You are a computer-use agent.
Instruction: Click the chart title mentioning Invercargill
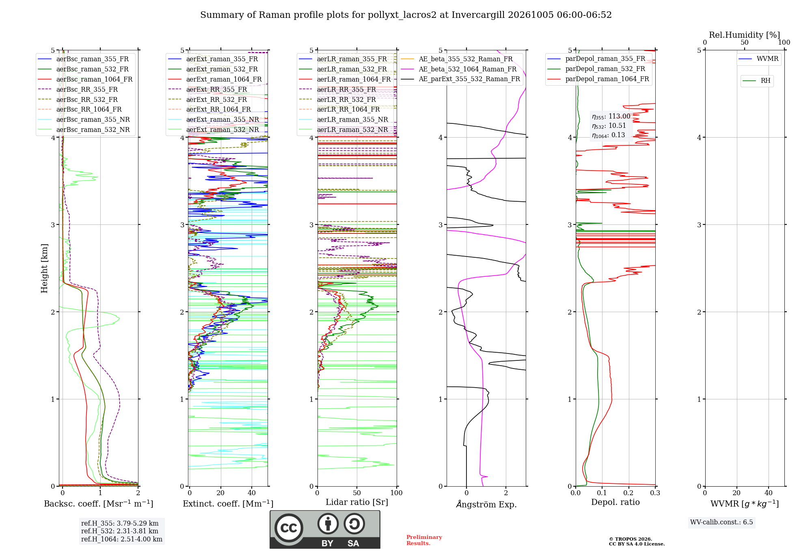click(406, 15)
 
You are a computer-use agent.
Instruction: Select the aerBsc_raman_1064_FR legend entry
click(85, 79)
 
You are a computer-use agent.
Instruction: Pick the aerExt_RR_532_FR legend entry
click(207, 99)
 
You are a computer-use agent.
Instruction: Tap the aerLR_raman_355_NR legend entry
click(343, 119)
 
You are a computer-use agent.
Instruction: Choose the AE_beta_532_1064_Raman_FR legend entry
click(459, 69)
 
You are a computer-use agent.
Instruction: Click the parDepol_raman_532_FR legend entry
click(596, 69)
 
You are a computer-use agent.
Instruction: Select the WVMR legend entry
click(759, 59)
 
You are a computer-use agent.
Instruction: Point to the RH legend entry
click(757, 81)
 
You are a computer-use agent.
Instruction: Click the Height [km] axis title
click(44, 268)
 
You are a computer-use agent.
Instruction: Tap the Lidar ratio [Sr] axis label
click(357, 502)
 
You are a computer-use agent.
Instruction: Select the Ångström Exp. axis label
click(486, 504)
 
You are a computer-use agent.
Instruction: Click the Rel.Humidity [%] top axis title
click(745, 35)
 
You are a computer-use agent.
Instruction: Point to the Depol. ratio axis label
click(615, 502)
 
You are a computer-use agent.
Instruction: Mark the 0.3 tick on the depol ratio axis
click(655, 493)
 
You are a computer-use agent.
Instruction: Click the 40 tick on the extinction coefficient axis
click(252, 493)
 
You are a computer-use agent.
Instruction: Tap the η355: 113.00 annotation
click(611, 116)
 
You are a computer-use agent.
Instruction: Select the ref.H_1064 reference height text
click(122, 539)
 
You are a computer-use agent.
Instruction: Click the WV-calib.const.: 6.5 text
click(721, 522)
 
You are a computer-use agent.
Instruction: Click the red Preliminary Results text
click(424, 540)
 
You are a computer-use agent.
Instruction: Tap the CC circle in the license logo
click(289, 528)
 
